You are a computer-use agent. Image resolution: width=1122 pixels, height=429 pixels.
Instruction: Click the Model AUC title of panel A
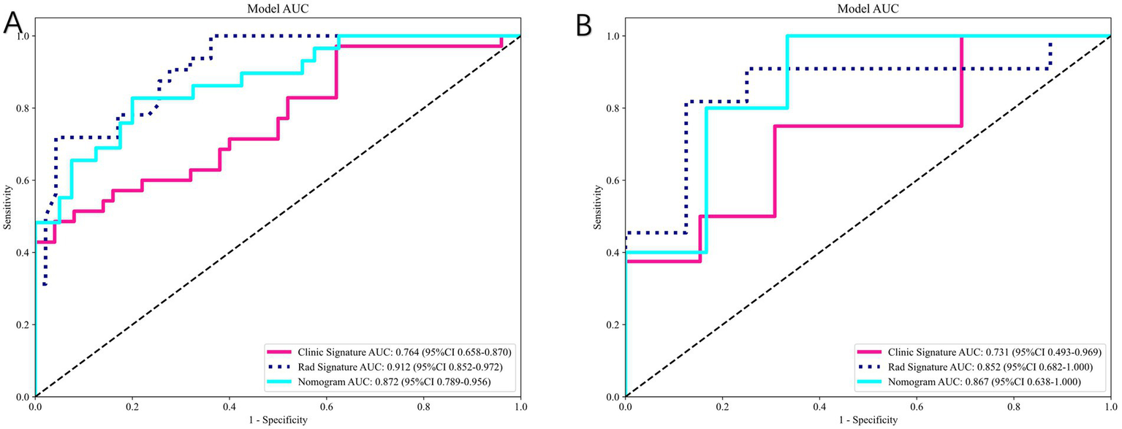[x=278, y=8]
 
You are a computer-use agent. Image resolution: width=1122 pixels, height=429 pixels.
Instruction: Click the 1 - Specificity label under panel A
[x=278, y=421]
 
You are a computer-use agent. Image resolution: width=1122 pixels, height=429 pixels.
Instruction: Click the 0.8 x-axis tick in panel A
[x=423, y=406]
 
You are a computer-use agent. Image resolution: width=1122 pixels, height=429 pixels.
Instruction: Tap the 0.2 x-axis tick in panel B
[x=722, y=406]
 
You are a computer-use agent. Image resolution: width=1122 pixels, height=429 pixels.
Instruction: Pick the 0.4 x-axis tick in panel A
[x=229, y=406]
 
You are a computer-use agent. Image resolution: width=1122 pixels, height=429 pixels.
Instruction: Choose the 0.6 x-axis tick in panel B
[x=917, y=406]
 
